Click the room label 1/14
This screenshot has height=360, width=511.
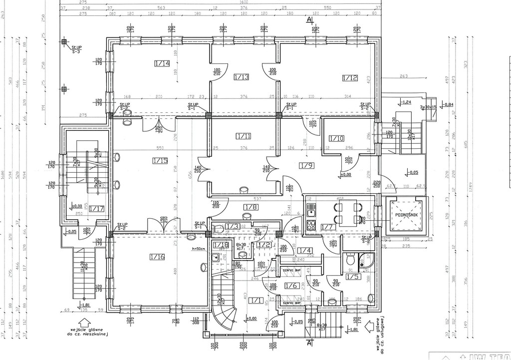(162, 63)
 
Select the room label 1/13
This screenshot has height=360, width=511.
(242, 77)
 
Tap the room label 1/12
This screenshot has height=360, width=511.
(350, 77)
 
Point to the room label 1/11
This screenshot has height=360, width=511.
(244, 135)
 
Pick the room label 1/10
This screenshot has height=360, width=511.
(336, 138)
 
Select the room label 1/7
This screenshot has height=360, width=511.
(327, 227)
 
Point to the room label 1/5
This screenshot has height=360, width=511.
(353, 276)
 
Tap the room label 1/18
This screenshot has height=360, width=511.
(220, 245)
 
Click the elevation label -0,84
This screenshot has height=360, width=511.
(435, 104)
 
